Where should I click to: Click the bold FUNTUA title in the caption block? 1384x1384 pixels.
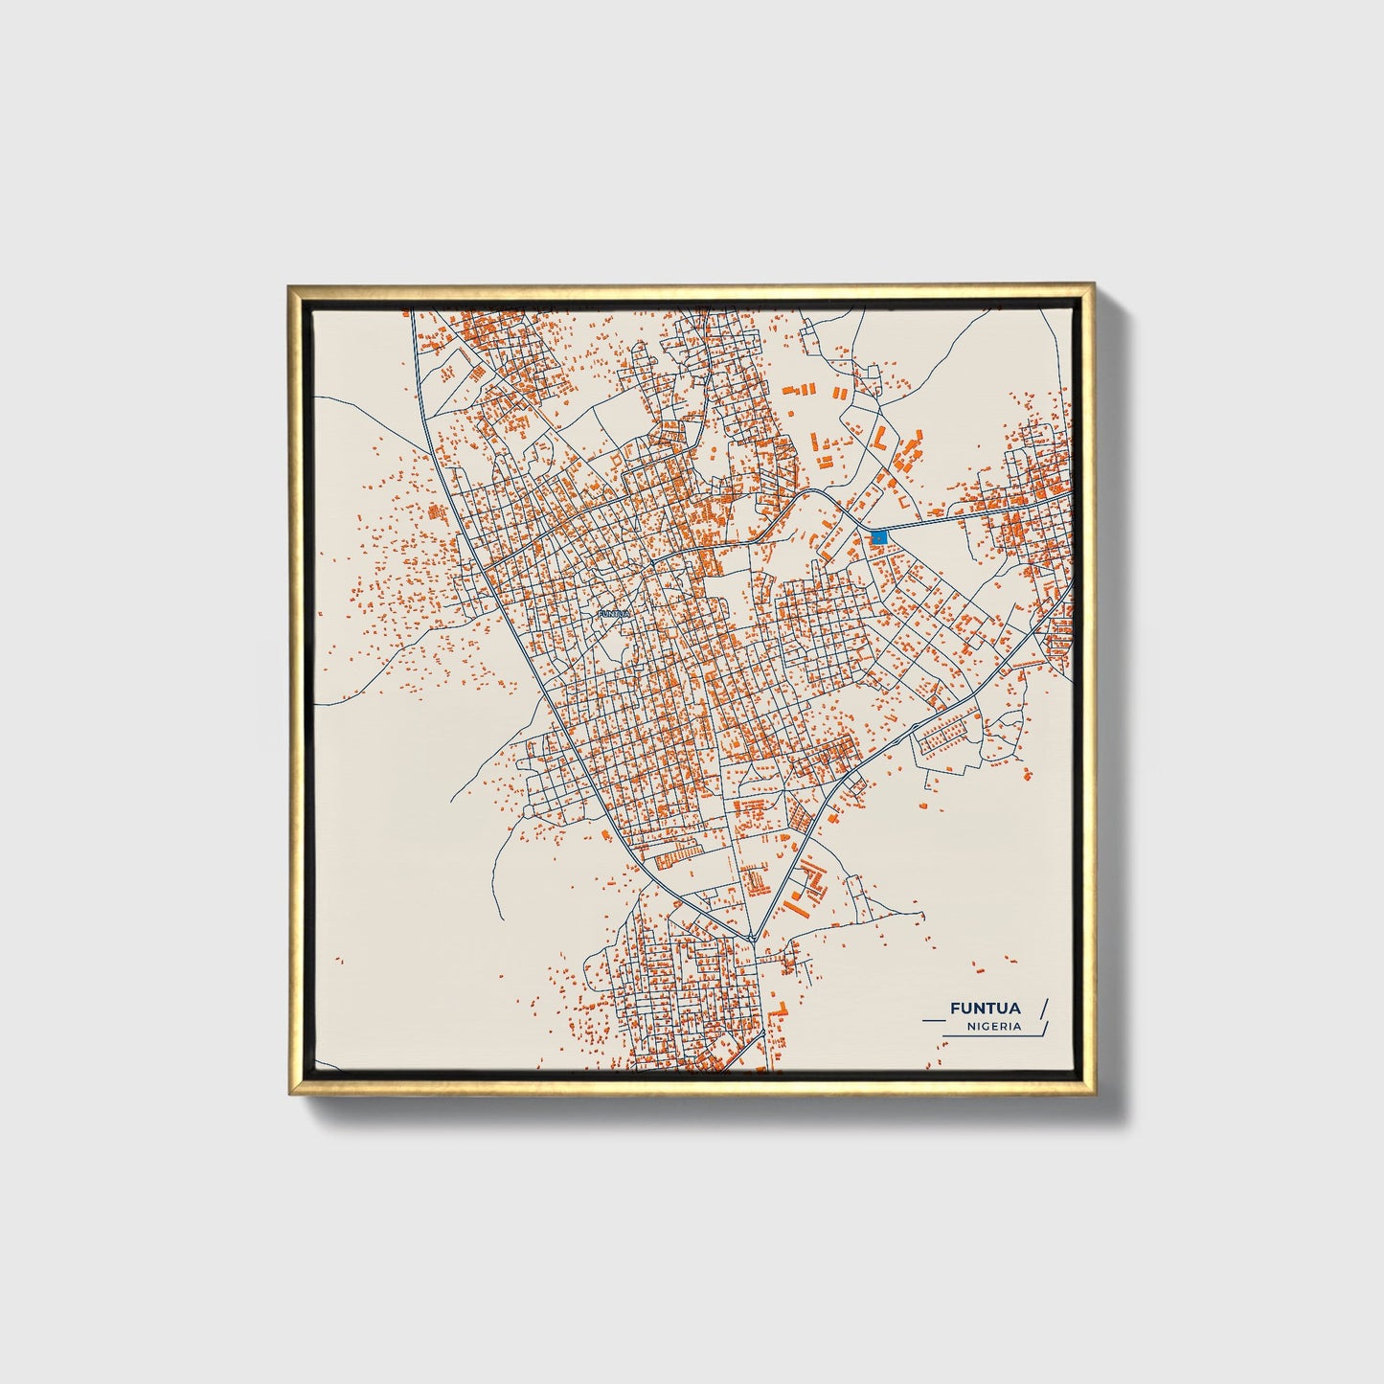click(x=985, y=1008)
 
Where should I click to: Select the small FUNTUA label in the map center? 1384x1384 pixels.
click(x=613, y=613)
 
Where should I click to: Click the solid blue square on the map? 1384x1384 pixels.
click(x=878, y=537)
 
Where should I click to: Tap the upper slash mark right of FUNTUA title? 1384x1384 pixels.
click(x=1044, y=1007)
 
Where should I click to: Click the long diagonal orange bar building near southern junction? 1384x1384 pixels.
click(x=795, y=905)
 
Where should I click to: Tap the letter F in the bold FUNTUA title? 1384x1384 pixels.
click(x=954, y=1008)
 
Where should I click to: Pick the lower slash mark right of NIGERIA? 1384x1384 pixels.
click(x=1045, y=1028)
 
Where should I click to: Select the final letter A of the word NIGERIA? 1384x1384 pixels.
click(x=1017, y=1026)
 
